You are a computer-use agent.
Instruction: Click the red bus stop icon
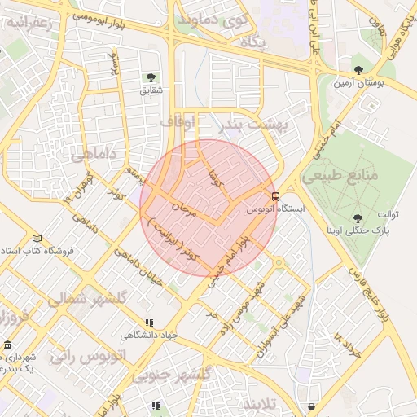(275, 196)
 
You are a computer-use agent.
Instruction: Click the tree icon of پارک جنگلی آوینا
(358, 217)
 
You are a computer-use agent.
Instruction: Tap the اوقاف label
(178, 121)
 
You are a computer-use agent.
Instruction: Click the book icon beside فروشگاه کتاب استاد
(37, 239)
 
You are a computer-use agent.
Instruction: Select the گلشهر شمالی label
(86, 299)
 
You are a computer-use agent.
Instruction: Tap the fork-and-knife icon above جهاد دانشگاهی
(148, 323)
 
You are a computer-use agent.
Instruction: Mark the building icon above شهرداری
(7, 346)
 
